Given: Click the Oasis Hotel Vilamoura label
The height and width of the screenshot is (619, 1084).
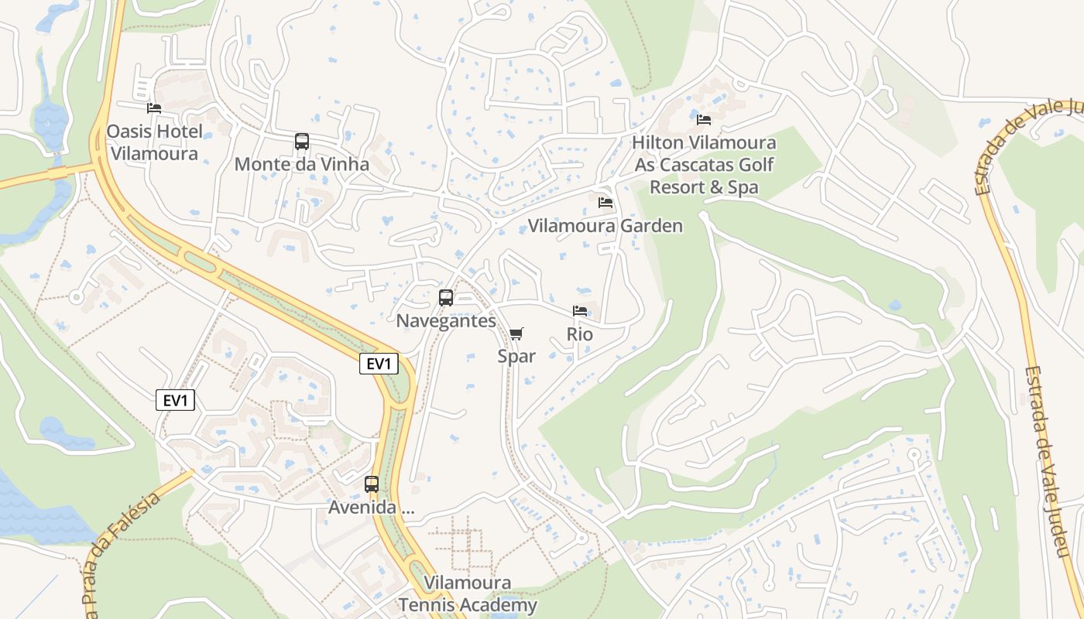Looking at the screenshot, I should click(x=154, y=142).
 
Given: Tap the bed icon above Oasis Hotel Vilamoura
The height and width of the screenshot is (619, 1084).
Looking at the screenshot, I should click(x=154, y=108).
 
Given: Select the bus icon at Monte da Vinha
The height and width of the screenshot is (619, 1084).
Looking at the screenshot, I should click(x=302, y=142).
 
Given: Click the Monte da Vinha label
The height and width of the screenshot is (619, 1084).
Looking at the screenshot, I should click(x=301, y=164).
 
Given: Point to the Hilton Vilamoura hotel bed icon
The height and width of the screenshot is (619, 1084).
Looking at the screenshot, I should click(x=704, y=120).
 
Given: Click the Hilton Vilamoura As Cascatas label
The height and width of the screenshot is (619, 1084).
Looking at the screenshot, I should click(x=704, y=165).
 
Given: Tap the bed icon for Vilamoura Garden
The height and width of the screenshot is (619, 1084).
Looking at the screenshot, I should click(x=605, y=203).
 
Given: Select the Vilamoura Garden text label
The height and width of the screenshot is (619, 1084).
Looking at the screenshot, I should click(x=605, y=226).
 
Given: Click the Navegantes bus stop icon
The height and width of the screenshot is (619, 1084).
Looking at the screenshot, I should click(x=446, y=298).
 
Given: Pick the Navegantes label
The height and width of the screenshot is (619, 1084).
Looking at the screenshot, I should click(x=446, y=320).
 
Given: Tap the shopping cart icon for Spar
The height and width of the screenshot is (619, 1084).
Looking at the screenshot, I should click(x=516, y=333).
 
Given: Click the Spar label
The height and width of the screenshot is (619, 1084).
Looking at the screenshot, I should click(x=516, y=356).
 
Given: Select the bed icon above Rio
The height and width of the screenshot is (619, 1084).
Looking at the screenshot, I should click(x=580, y=311).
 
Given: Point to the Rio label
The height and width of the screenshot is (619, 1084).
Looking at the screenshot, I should click(x=580, y=334).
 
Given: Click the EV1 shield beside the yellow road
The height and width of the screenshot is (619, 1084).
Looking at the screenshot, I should click(x=379, y=364).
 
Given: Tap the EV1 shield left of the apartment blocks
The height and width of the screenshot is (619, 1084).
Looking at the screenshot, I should click(x=176, y=400).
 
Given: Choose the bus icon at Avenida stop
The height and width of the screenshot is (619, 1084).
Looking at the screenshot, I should click(x=372, y=484).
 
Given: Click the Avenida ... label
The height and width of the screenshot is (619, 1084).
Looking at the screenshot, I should click(x=372, y=508).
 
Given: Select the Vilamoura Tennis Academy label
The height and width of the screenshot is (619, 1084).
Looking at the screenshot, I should click(x=468, y=593).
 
